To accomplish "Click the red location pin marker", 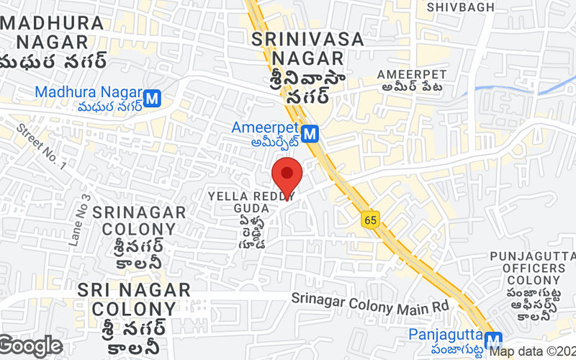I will point(287,174).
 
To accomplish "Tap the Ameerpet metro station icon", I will point(310,133).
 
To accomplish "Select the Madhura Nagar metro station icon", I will point(151,99).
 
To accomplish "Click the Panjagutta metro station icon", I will point(492,341).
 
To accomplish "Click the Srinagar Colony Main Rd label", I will point(370,305).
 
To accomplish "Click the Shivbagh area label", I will point(461,7).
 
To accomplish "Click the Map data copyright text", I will point(533,352).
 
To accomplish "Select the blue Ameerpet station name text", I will point(265,127).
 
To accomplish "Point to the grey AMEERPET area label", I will point(412,74).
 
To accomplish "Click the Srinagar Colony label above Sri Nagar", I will point(134,220).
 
